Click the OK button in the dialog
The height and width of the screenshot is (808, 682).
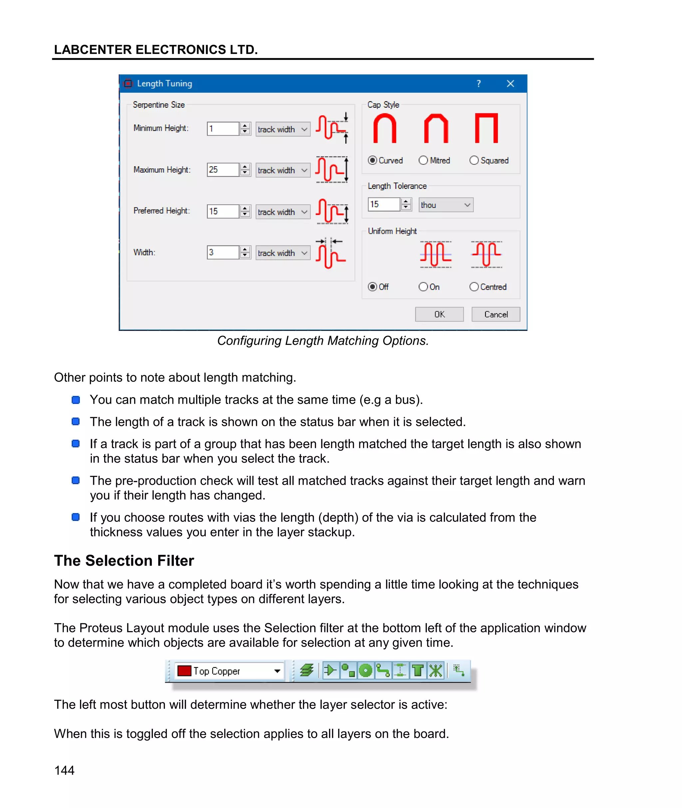click(x=439, y=315)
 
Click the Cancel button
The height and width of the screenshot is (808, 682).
click(x=496, y=315)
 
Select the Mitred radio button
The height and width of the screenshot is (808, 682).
click(x=423, y=160)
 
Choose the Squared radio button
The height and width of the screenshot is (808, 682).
click(x=474, y=160)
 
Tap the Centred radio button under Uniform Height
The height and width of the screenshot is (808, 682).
click(x=474, y=287)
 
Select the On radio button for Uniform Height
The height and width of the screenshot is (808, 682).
click(x=423, y=287)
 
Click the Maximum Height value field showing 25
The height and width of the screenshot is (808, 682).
click(x=223, y=170)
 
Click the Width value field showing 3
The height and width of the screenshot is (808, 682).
click(x=223, y=253)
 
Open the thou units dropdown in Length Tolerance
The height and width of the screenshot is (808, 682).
click(x=446, y=205)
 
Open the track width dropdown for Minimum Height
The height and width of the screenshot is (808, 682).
click(x=283, y=129)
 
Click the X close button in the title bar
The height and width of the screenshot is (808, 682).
click(x=511, y=84)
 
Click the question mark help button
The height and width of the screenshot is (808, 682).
click(x=479, y=84)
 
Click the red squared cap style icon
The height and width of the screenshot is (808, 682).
click(x=487, y=128)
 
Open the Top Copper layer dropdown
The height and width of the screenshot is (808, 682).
click(x=277, y=671)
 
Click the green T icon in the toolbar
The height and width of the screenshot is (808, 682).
click(x=418, y=670)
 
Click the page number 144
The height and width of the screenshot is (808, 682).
click(x=64, y=770)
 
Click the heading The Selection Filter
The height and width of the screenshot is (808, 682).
click(x=124, y=560)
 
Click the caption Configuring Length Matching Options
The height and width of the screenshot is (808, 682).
click(x=323, y=341)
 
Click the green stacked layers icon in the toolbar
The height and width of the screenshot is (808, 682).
click(x=307, y=670)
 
